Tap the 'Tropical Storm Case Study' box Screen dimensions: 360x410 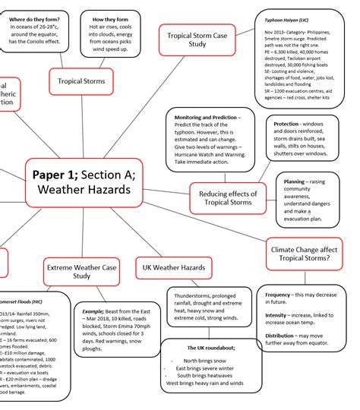point(197,39)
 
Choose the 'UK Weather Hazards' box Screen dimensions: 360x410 point(173,268)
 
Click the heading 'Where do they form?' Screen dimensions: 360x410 point(35,18)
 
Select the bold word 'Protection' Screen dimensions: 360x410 point(286,124)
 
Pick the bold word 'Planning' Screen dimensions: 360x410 point(294,182)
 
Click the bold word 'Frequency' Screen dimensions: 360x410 point(278,295)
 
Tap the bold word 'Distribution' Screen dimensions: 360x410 point(281,335)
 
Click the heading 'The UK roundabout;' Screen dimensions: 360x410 point(210,348)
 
